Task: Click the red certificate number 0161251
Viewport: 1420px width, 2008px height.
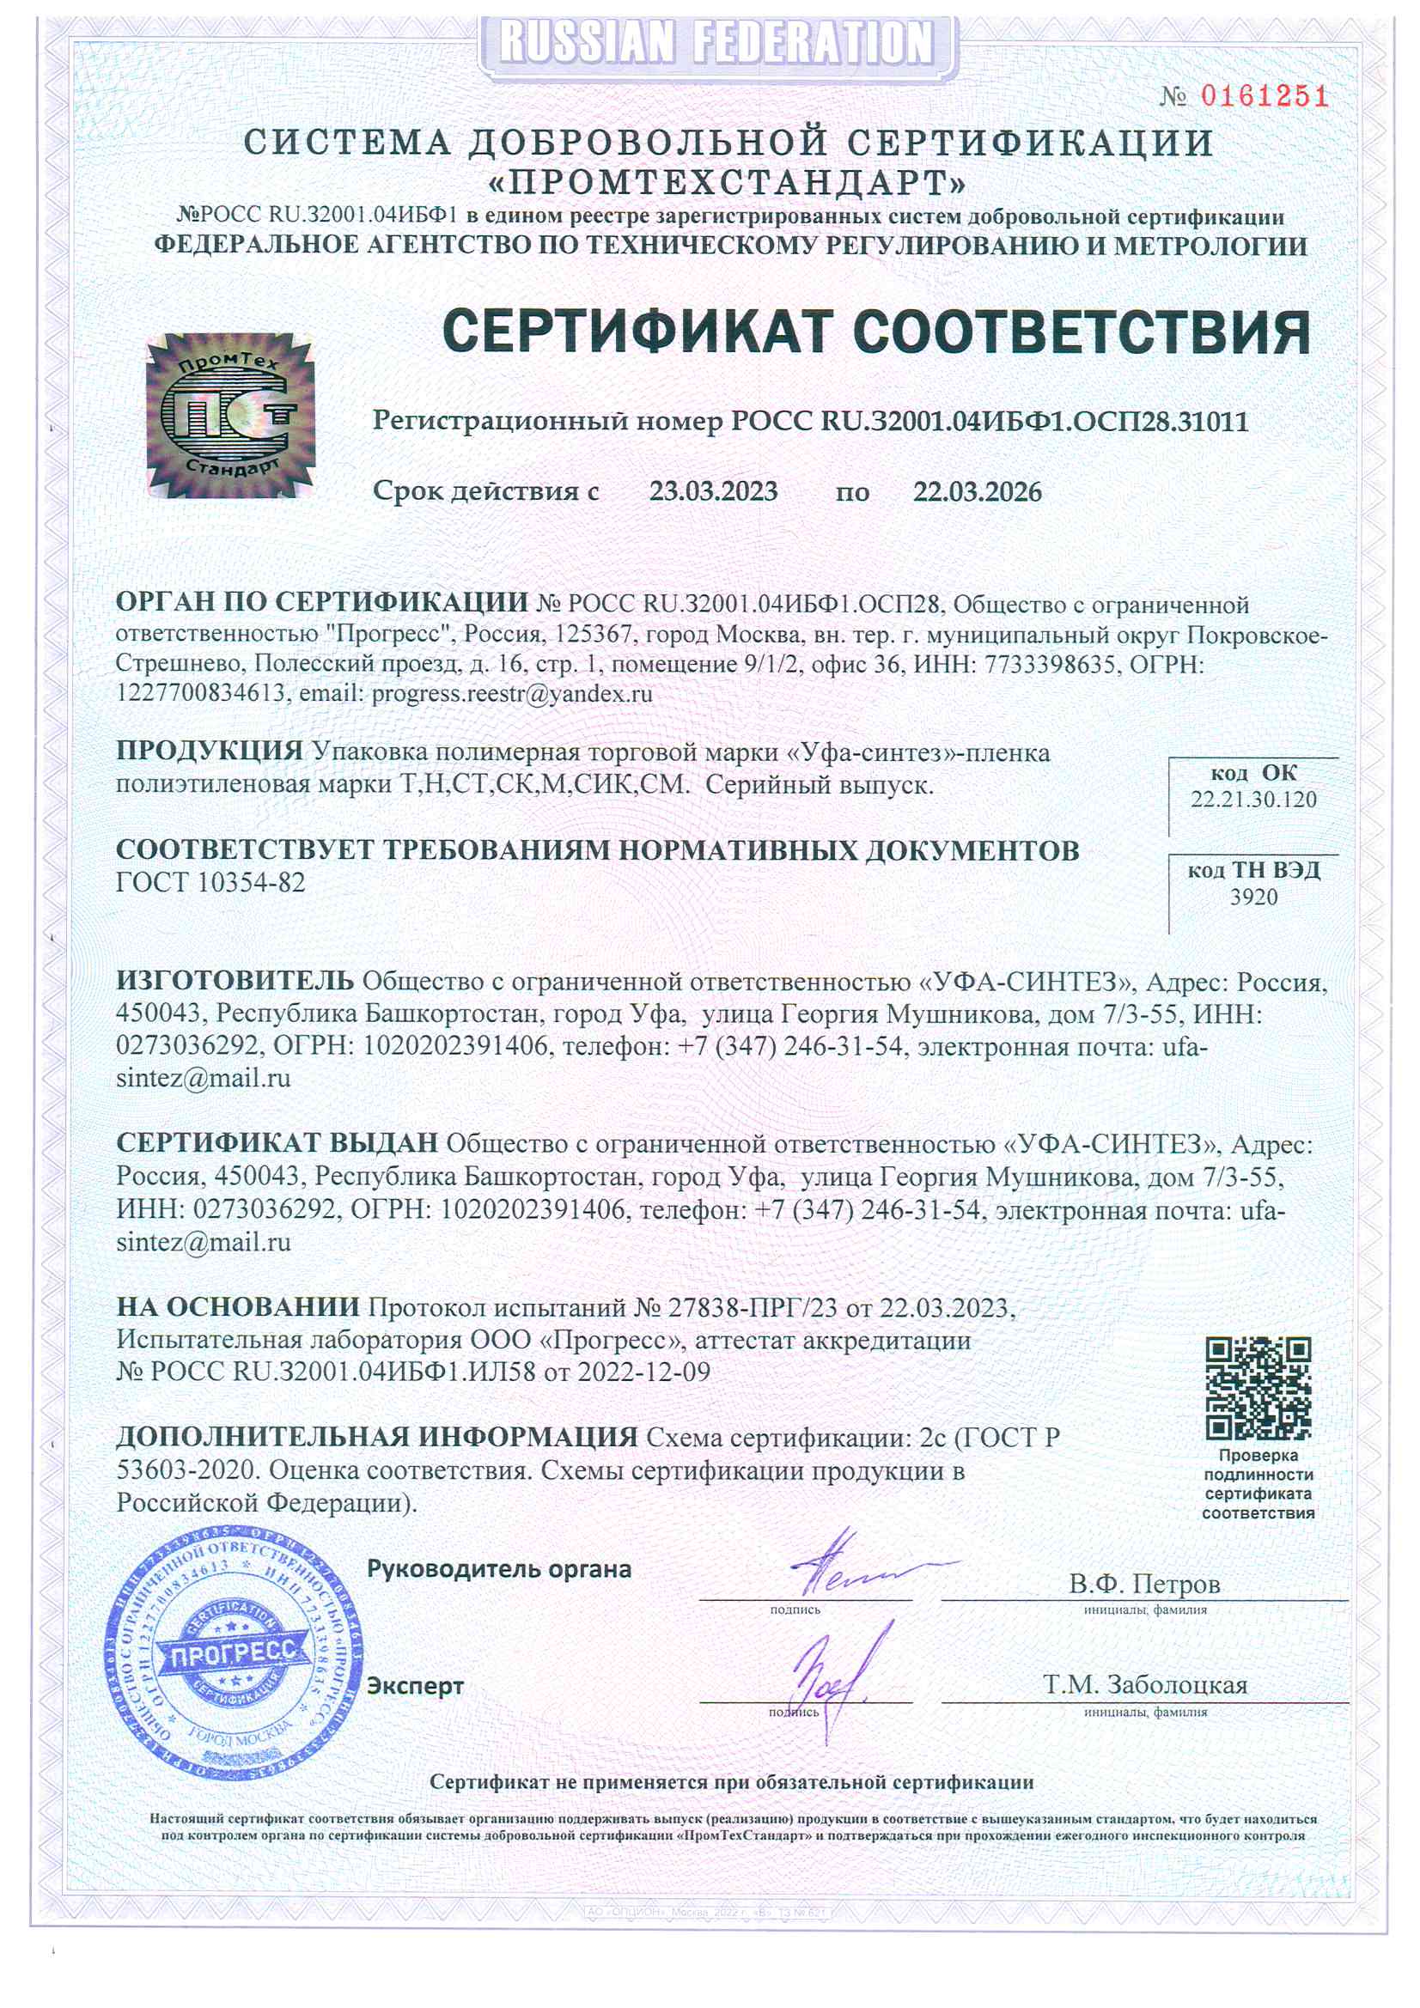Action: [x=1264, y=95]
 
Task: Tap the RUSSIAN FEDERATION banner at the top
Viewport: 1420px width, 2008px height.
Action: [x=716, y=43]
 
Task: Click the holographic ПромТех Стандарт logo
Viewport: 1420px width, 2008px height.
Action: [x=230, y=415]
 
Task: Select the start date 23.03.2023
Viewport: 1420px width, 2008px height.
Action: [x=713, y=491]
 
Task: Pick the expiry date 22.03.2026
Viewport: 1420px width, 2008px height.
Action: [x=978, y=491]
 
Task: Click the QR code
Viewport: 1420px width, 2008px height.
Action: [x=1258, y=1389]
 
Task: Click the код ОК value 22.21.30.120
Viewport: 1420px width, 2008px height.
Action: [x=1252, y=800]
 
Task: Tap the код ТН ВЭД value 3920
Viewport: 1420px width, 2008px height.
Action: [x=1252, y=898]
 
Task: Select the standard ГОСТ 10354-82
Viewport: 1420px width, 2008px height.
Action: [x=210, y=882]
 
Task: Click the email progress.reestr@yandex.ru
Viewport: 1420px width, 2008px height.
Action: [x=512, y=695]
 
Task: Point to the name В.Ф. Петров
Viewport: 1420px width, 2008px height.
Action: [x=1143, y=1584]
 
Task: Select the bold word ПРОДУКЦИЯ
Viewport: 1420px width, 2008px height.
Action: [x=209, y=751]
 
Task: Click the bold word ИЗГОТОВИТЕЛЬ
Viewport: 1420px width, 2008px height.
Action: [x=235, y=982]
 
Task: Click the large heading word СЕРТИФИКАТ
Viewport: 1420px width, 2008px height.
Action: [x=636, y=332]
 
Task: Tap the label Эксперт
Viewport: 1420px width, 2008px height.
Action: [x=415, y=1685]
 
